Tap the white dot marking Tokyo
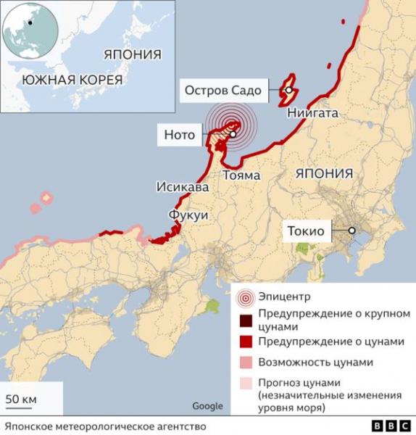coord(351,231)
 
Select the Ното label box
coord(180,134)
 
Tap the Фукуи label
coord(188,215)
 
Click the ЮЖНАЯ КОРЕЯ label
coord(72,80)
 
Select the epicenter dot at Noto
coord(233,134)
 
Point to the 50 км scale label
coord(21,399)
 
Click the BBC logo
coord(390,426)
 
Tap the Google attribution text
coord(207,406)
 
